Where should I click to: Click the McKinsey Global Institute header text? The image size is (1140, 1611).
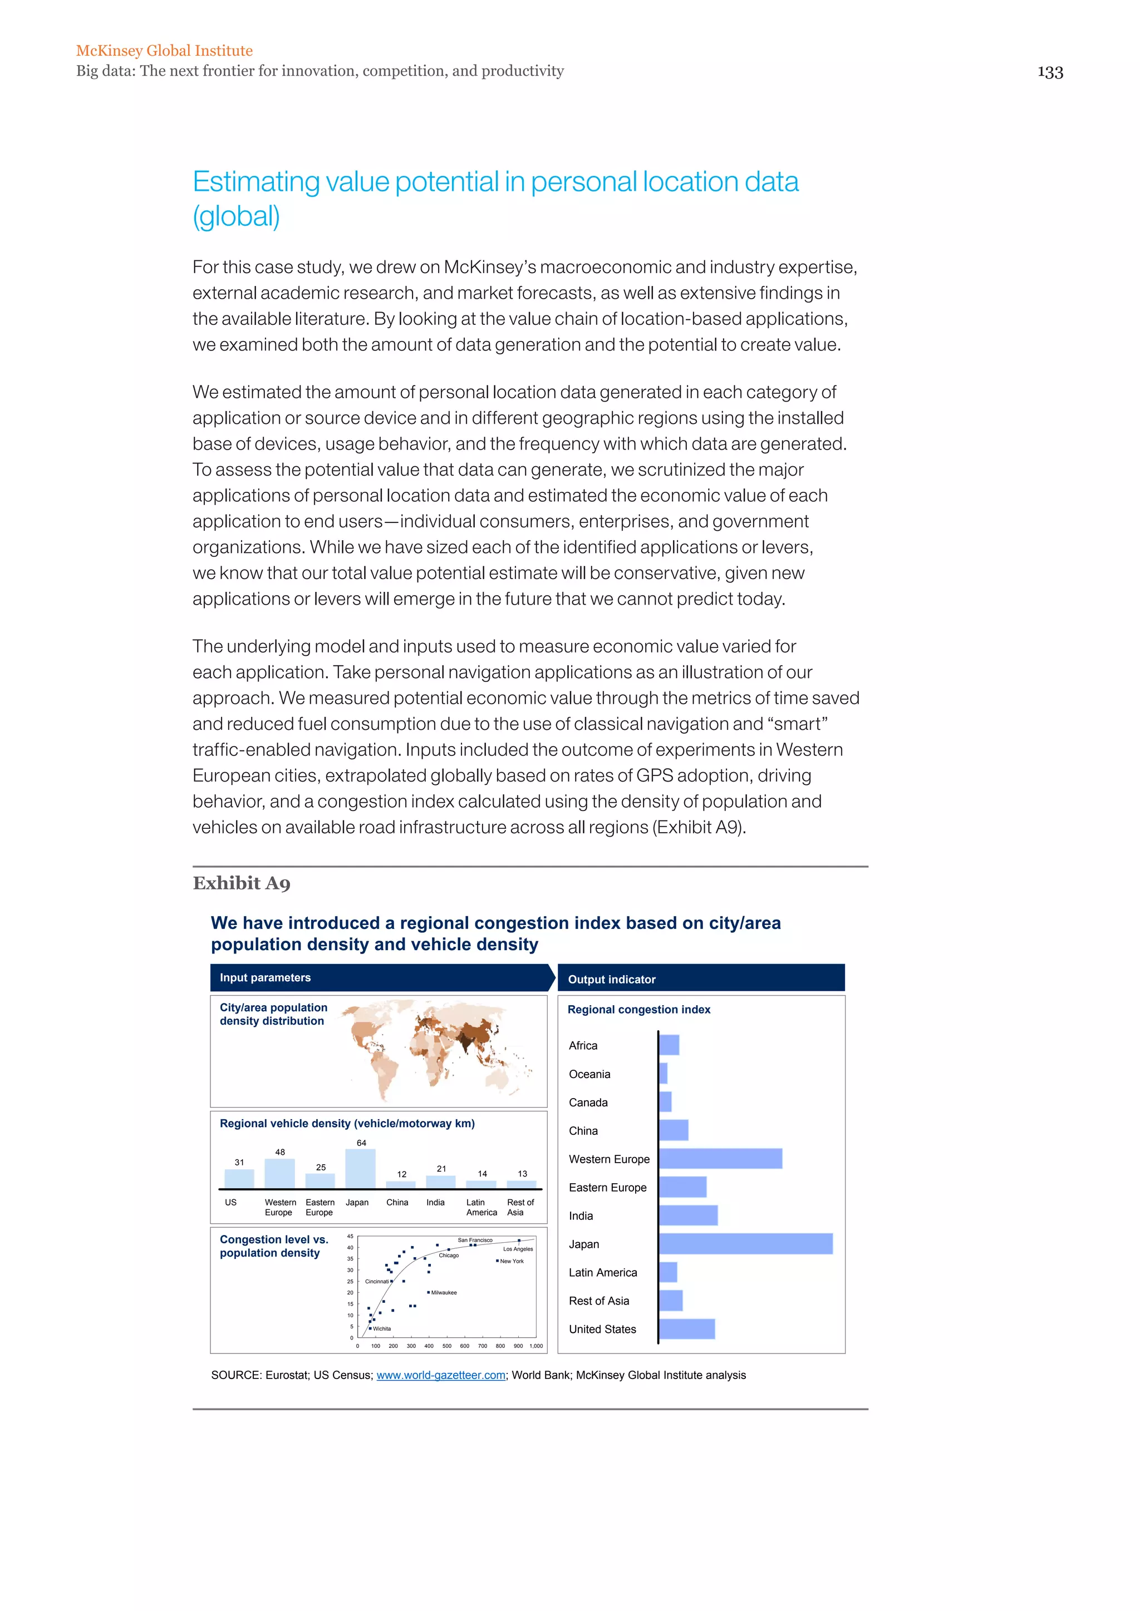(164, 51)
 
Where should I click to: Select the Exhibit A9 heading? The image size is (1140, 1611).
(242, 883)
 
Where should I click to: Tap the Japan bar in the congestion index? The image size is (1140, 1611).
(745, 1244)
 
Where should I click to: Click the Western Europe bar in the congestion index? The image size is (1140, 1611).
(720, 1158)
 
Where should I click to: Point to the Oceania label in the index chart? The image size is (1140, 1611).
(589, 1074)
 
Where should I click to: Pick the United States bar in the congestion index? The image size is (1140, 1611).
(686, 1329)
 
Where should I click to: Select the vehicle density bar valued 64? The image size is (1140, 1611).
(361, 1168)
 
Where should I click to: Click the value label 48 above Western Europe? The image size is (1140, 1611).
(280, 1152)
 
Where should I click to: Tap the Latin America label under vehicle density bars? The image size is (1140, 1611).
(481, 1207)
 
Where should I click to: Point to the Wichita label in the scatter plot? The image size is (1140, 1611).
(382, 1329)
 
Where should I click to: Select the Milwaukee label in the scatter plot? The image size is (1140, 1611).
(444, 1292)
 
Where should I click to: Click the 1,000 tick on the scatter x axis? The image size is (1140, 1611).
(535, 1346)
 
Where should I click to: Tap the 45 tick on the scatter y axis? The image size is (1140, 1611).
(350, 1236)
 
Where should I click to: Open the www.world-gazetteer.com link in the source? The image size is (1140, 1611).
(441, 1375)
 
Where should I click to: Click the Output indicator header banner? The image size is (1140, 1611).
(701, 979)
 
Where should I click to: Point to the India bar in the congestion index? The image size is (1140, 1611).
(688, 1215)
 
